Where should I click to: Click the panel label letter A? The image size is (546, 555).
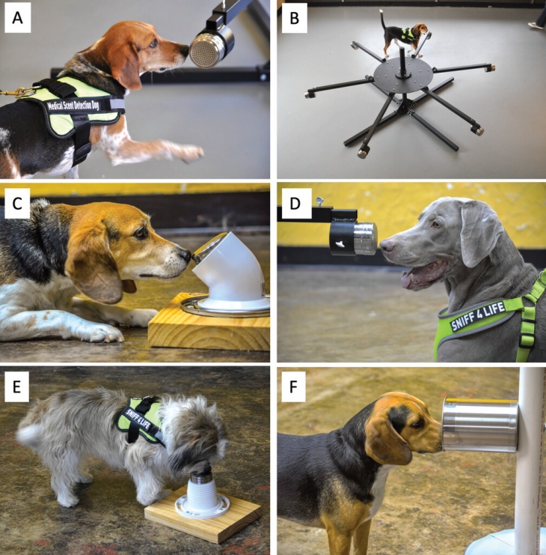point(17,18)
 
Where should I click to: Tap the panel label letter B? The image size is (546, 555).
point(295,18)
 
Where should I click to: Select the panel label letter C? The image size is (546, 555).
point(17,203)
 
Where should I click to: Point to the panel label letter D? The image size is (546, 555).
point(295,203)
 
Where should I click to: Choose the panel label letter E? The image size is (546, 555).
point(16,387)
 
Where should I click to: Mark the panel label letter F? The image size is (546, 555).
point(293,387)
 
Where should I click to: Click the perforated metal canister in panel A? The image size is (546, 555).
point(212,47)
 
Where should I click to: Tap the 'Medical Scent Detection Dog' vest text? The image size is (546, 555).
point(73,105)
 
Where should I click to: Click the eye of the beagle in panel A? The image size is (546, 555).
point(153,43)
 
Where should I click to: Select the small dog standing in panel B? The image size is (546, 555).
point(404,36)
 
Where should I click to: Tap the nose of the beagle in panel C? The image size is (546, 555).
point(185,255)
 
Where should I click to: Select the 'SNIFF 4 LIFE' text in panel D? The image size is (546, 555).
point(477,316)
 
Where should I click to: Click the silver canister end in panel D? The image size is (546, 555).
point(366,239)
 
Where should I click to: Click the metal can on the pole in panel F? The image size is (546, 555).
point(479,424)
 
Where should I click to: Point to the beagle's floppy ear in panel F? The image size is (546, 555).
point(387,435)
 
